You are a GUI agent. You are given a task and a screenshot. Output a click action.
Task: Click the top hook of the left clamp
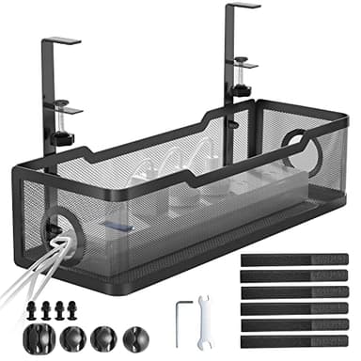pyautogui.click(x=62, y=40)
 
